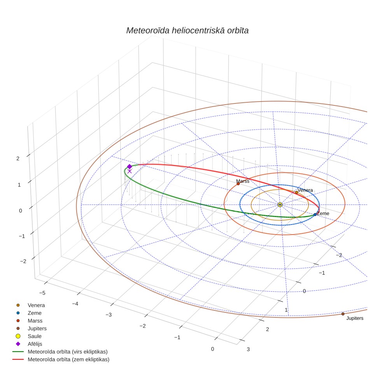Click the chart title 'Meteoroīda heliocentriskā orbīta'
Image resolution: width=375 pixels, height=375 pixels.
187,31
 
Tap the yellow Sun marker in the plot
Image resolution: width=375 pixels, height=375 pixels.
280,205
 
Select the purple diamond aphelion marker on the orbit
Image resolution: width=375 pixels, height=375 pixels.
130,166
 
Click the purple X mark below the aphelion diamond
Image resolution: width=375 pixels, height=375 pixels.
130,171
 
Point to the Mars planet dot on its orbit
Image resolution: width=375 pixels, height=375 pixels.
238,184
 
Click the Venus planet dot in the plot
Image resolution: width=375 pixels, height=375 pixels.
296,192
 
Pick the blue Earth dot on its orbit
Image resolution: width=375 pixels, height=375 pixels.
315,214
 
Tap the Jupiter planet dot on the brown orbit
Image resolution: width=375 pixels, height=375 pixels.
343,314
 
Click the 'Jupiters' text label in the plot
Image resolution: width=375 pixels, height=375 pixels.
355,318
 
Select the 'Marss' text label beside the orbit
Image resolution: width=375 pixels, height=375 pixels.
242,181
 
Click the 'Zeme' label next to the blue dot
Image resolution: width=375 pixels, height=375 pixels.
323,213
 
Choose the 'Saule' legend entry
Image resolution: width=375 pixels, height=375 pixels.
35,336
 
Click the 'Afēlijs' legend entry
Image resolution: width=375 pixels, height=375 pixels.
35,344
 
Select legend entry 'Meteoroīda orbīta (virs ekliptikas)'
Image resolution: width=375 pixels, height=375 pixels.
67,352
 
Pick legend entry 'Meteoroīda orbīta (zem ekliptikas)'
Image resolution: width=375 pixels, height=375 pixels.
68,359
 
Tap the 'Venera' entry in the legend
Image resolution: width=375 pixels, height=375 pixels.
36,305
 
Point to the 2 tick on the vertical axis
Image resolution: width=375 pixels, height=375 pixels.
18,158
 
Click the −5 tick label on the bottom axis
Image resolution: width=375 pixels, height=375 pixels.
42,293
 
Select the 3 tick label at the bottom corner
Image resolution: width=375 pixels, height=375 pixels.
248,349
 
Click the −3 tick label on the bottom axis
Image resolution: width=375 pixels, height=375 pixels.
109,315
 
